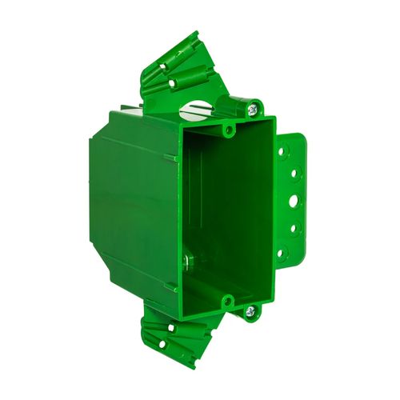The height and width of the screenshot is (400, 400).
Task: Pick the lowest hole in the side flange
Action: pyautogui.click(x=281, y=254)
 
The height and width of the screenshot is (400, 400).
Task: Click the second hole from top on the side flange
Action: pyautogui.click(x=294, y=171)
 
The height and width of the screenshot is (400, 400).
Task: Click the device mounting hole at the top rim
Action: pyautogui.click(x=228, y=129)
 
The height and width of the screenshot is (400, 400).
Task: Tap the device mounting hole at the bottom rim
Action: pyautogui.click(x=227, y=302)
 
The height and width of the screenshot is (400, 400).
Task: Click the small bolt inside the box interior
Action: pyautogui.click(x=186, y=260)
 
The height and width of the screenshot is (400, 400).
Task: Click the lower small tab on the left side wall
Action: pyautogui.click(x=170, y=286)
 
